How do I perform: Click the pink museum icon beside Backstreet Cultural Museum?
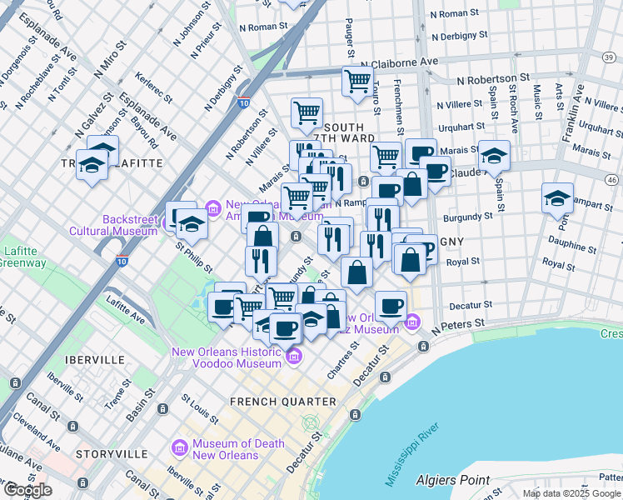(212, 206)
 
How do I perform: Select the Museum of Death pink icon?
(178, 448)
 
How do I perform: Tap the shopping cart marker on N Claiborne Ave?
(357, 82)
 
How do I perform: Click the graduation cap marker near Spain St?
(494, 155)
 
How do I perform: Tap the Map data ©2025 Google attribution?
(571, 493)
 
